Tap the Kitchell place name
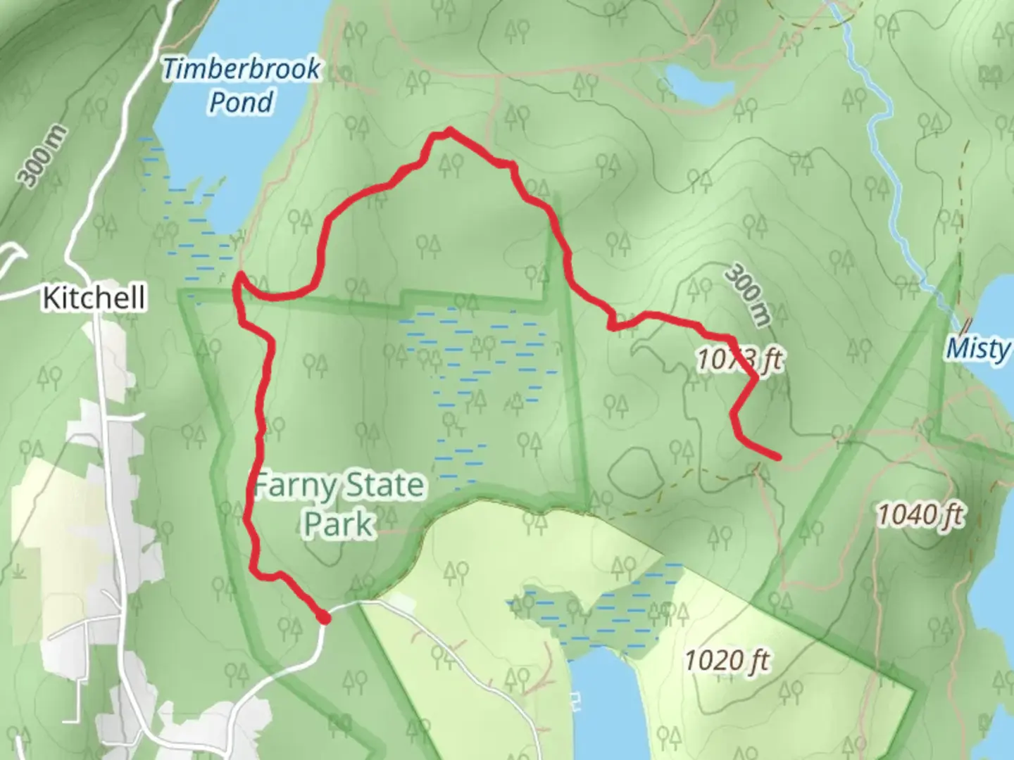click(94, 298)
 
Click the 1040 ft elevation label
click(920, 516)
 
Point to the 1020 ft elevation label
click(727, 660)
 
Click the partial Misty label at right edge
click(979, 348)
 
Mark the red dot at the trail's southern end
click(323, 618)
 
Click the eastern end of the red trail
click(777, 457)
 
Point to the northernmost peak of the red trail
click(449, 130)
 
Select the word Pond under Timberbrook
click(241, 103)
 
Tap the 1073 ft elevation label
click(739, 360)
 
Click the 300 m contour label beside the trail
click(748, 294)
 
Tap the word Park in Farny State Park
click(339, 524)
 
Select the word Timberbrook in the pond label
click(241, 69)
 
